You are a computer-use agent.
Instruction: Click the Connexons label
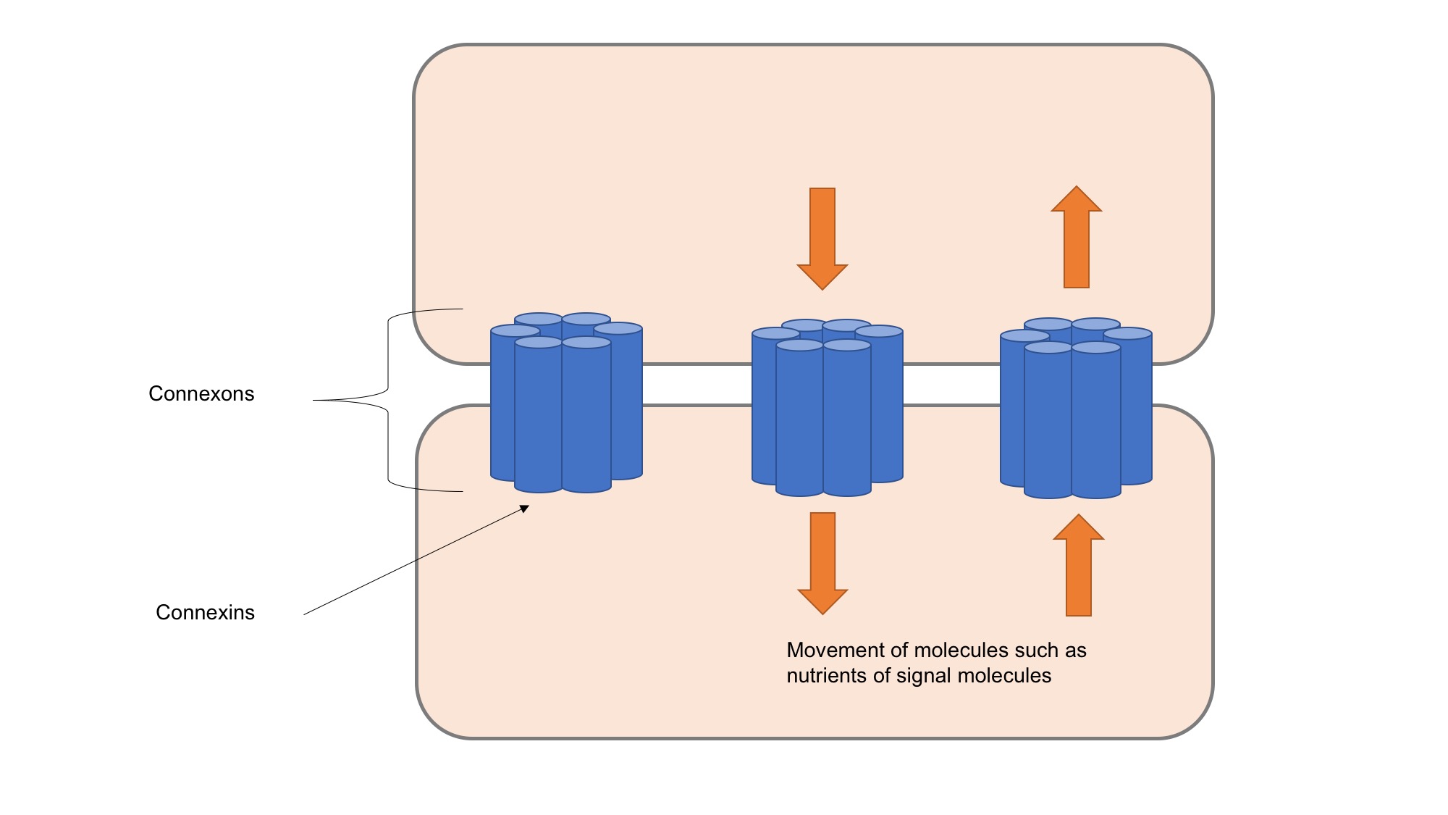[201, 393]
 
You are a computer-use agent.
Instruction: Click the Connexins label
[205, 612]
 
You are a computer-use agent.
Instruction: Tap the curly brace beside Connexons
[388, 400]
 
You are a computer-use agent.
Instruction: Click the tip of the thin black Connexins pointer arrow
[528, 506]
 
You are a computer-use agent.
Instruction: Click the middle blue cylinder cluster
[828, 409]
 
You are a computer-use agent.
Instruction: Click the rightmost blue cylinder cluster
[1076, 411]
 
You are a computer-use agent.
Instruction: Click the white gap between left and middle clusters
[696, 385]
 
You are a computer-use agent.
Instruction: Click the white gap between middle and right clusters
[951, 385]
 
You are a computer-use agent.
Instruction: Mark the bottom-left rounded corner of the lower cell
[435, 720]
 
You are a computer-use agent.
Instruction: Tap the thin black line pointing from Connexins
[416, 561]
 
